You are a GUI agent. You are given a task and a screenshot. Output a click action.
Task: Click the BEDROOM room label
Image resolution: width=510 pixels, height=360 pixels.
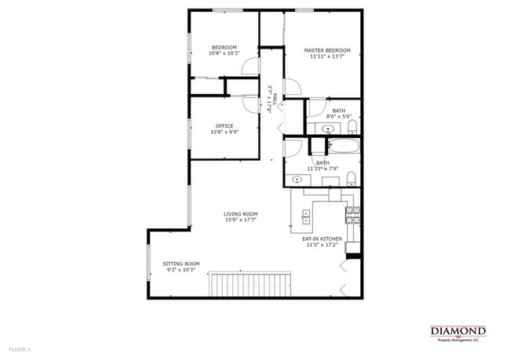point(224,47)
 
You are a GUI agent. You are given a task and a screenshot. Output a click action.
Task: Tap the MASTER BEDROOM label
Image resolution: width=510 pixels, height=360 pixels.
point(327,50)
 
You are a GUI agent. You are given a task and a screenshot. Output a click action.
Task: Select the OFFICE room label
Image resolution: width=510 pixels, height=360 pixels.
point(224,125)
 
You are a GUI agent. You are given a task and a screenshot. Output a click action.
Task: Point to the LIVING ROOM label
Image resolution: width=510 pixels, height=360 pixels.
point(241,214)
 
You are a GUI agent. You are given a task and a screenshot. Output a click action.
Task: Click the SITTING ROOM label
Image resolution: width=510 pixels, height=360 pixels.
point(181,264)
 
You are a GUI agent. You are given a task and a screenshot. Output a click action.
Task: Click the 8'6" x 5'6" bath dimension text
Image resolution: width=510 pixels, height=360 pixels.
point(339,117)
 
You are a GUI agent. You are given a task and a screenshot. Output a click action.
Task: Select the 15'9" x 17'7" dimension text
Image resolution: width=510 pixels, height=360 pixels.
point(241,220)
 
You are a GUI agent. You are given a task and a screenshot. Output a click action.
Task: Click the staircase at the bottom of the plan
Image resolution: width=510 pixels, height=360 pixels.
point(250,284)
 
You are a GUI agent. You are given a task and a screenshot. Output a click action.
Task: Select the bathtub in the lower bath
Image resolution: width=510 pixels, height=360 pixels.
point(343,146)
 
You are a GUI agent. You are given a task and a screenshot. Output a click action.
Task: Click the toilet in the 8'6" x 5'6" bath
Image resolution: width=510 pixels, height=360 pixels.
point(352,126)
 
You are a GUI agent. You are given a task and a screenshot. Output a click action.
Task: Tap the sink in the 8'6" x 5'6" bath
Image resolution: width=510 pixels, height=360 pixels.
point(327,128)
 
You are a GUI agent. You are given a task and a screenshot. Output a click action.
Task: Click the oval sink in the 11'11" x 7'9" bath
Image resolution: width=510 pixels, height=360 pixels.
point(297,180)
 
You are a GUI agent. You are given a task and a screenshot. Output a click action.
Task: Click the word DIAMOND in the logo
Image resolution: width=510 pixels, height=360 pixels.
point(458,330)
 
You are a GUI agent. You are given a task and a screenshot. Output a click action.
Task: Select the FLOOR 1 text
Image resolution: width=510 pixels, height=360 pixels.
point(20,348)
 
